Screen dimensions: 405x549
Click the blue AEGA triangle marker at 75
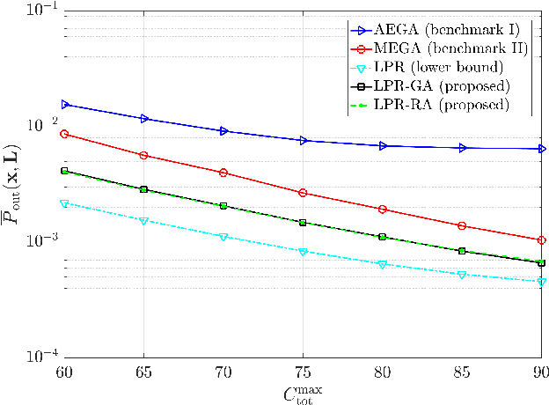tap(303, 140)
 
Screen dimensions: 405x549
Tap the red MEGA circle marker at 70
tap(223, 173)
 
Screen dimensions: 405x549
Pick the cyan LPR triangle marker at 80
tap(382, 264)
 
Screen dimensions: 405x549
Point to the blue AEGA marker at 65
tap(143, 118)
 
